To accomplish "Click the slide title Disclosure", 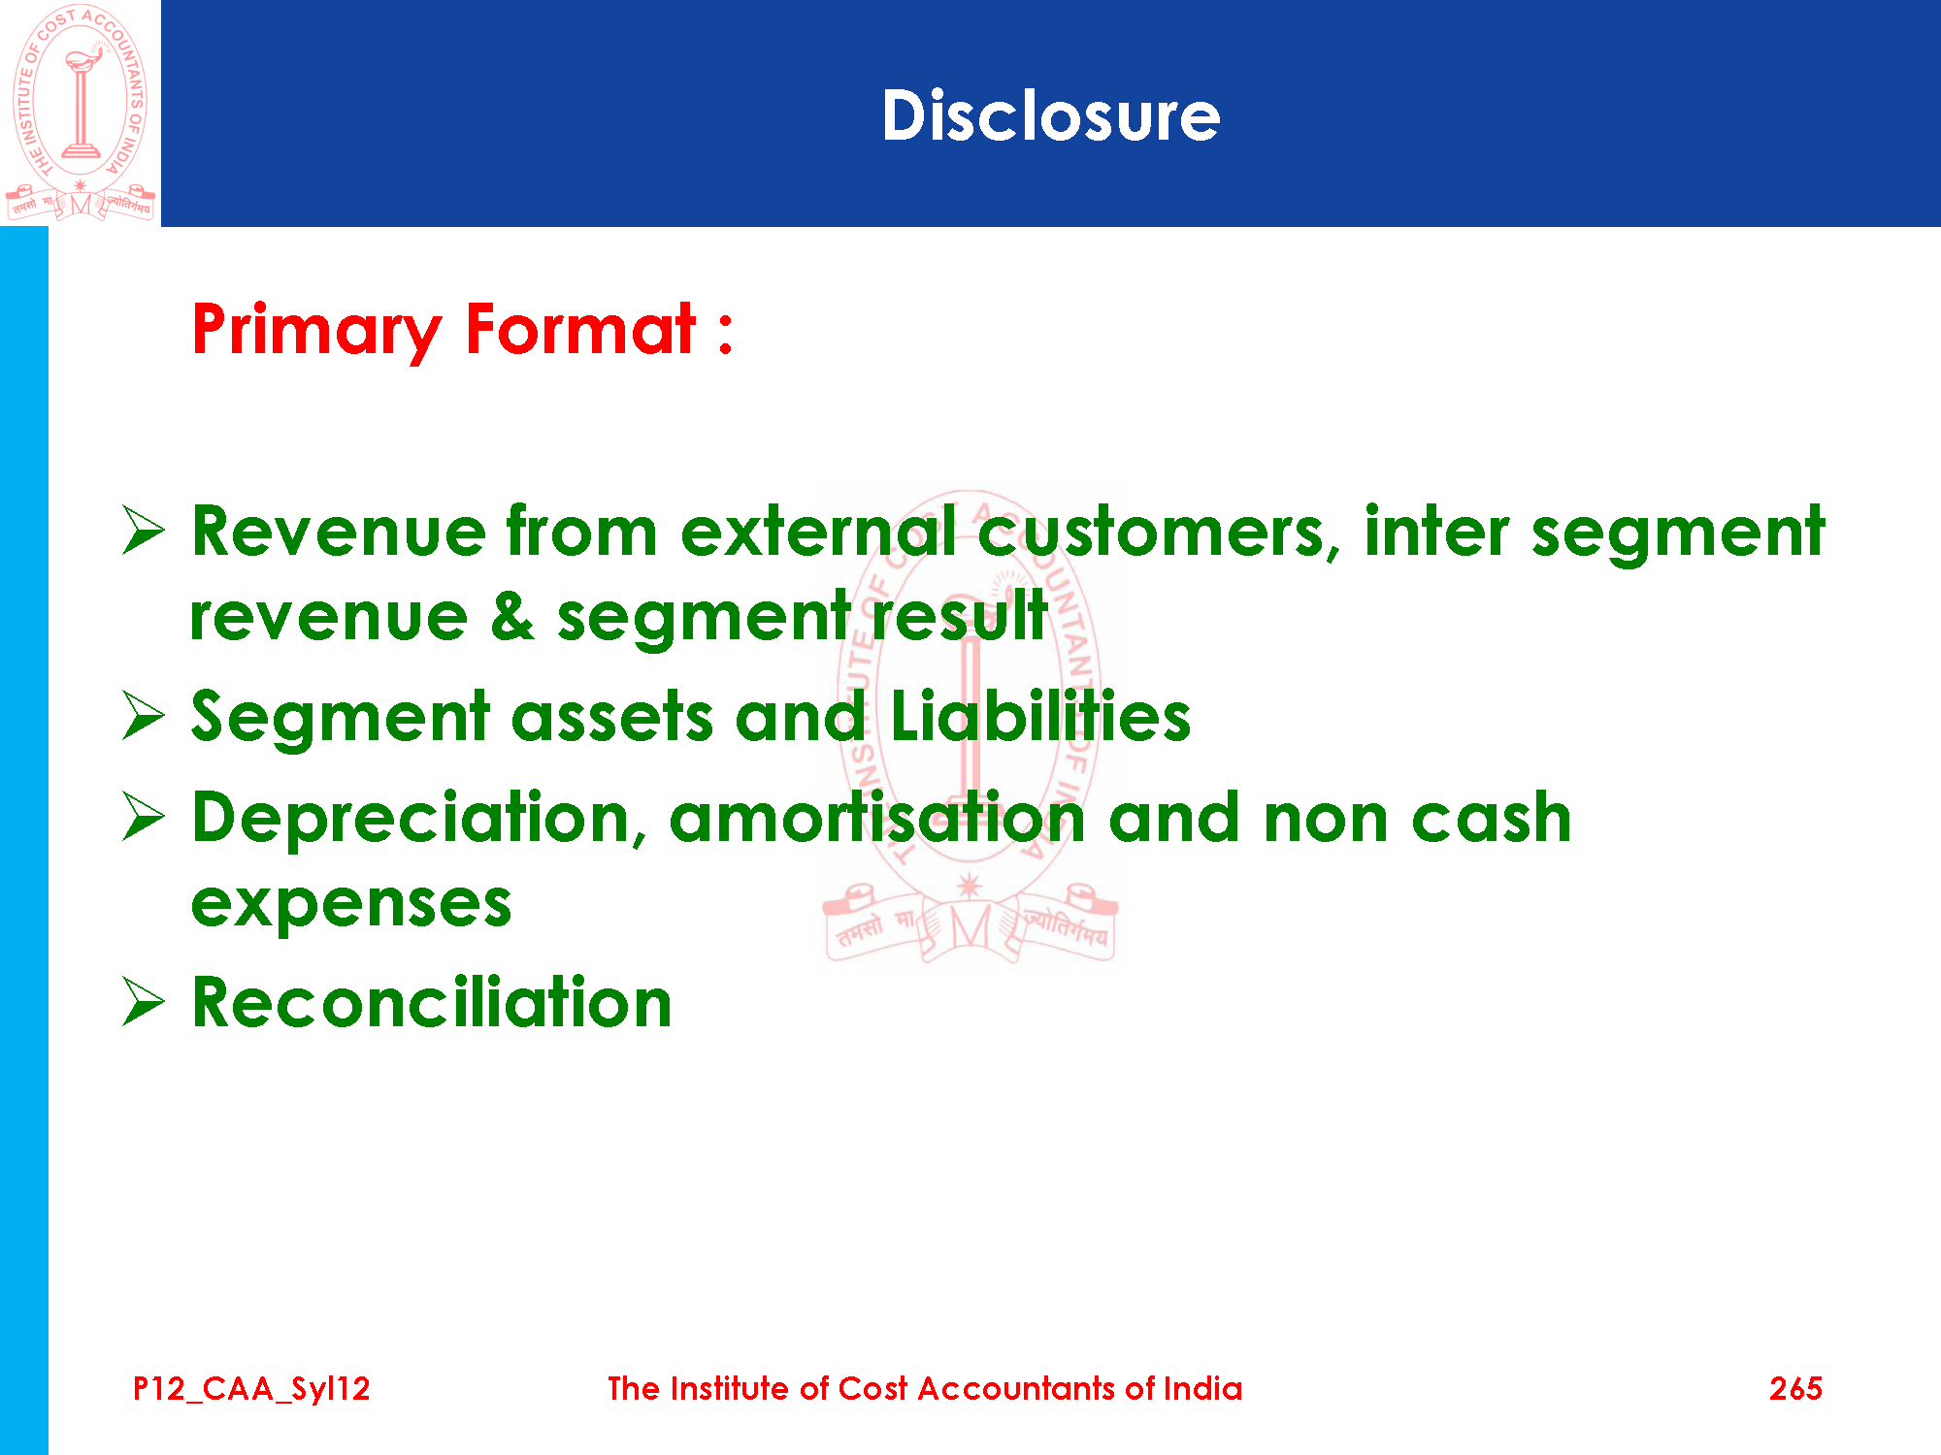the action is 1050,116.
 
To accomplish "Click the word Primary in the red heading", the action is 317,331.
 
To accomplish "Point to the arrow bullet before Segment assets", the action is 144,716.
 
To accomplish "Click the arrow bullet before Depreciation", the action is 144,817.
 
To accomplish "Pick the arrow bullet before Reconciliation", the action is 144,1001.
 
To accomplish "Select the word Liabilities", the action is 1040,716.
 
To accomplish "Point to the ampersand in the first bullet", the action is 512,617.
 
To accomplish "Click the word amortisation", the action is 877,817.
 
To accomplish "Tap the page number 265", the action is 1795,1389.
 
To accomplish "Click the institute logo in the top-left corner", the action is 80,113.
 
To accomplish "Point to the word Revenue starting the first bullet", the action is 338,532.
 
